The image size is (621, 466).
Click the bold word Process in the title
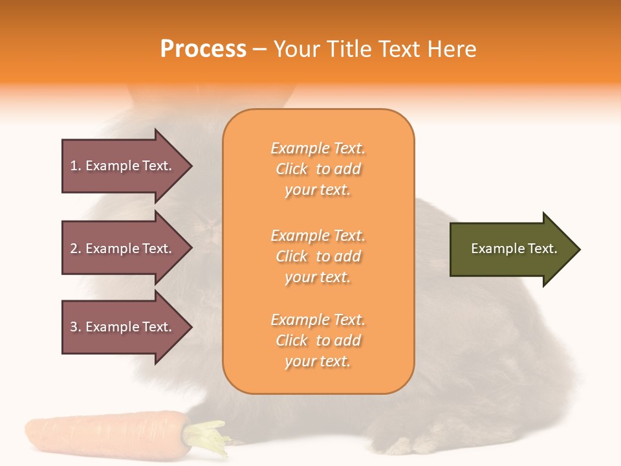tap(203, 49)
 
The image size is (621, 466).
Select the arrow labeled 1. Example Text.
tap(123, 166)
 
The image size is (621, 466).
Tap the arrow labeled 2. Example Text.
tap(123, 249)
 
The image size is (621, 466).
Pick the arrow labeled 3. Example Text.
tap(123, 327)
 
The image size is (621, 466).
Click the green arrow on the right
tap(511, 249)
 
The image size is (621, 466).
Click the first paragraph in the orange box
tap(318, 169)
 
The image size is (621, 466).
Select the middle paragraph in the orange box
tap(318, 256)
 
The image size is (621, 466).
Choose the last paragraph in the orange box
tap(318, 340)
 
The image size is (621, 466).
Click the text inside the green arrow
tap(514, 249)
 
